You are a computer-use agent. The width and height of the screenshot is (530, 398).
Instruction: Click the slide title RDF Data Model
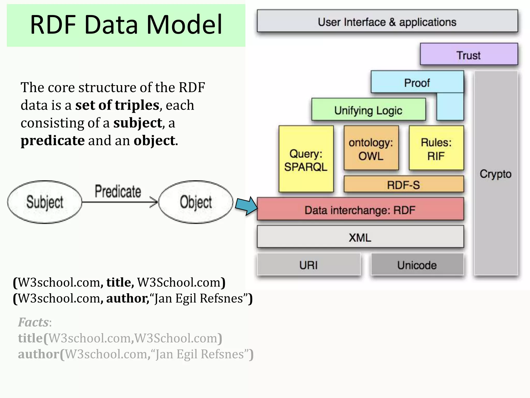click(126, 25)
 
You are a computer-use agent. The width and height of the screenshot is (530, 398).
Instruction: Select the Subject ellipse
click(45, 202)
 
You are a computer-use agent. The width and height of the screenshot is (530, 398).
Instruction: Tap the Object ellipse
click(196, 202)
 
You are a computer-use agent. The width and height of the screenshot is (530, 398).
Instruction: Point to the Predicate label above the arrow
click(118, 191)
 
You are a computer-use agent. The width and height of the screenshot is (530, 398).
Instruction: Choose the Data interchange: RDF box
click(360, 210)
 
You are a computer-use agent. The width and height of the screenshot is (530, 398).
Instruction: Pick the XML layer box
click(360, 237)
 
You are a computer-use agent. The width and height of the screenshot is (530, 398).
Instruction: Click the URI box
click(308, 265)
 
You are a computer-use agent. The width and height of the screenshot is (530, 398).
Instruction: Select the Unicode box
click(417, 265)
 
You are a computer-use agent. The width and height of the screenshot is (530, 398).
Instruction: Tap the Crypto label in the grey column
click(495, 174)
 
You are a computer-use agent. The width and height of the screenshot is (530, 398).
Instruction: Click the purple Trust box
click(469, 55)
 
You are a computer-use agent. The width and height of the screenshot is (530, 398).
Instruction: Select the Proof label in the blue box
click(417, 83)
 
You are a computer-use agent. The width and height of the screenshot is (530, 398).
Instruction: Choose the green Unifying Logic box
click(368, 110)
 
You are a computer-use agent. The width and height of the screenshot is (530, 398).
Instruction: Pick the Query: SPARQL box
click(306, 160)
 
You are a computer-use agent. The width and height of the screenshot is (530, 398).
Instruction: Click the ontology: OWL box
click(371, 149)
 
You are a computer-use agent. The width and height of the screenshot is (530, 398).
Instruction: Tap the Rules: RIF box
click(436, 149)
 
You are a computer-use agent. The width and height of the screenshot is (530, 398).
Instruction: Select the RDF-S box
click(403, 185)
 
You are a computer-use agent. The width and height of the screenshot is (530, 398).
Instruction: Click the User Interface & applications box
click(387, 22)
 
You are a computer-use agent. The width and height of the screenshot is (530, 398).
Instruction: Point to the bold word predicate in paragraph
click(53, 141)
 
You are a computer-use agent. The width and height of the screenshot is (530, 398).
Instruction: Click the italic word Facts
click(33, 322)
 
